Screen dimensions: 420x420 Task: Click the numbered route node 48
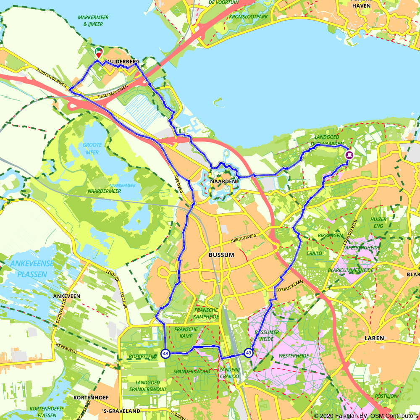click(165, 354)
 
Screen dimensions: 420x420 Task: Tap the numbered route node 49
click(249, 353)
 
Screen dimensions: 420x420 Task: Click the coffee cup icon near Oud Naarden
click(349, 155)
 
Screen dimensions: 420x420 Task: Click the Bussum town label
click(221, 255)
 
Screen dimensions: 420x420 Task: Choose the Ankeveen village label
click(67, 296)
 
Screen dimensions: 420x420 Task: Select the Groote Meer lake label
click(92, 149)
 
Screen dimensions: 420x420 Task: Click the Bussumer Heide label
click(267, 336)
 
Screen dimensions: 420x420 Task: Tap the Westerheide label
click(294, 356)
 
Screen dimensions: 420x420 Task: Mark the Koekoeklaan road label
click(291, 283)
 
